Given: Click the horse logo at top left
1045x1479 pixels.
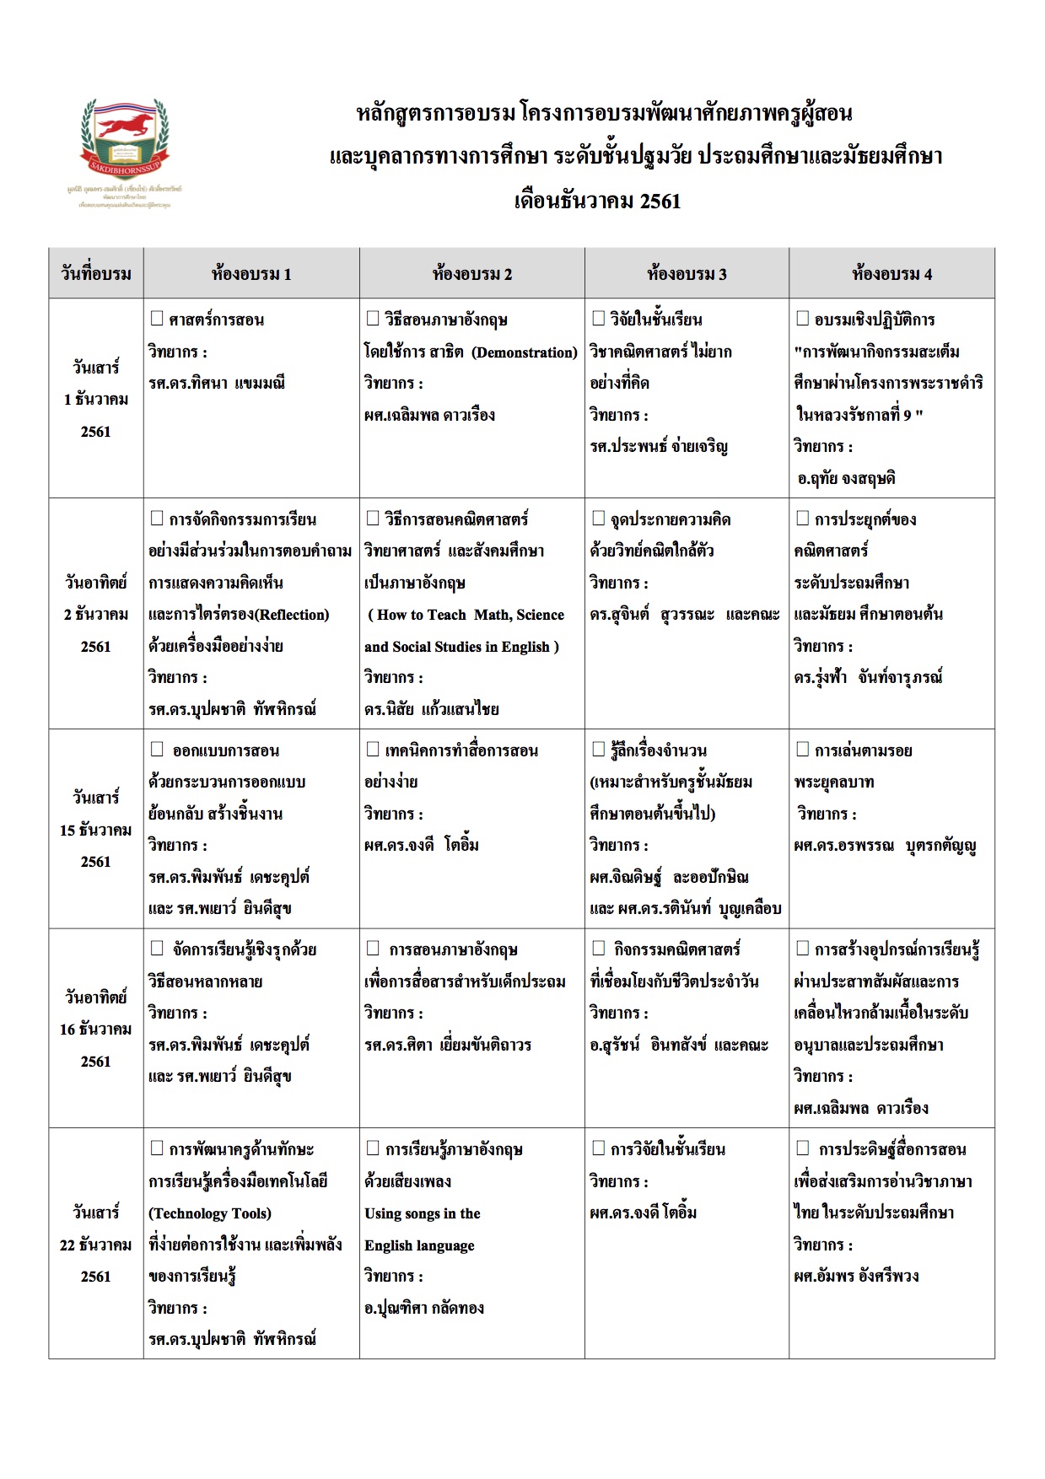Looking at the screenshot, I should [125, 135].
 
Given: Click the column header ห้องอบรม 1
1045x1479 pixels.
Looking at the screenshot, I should [251, 273].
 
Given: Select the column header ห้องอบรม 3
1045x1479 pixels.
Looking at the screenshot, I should [687, 273].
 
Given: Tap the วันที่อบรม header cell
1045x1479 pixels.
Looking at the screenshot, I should [96, 273].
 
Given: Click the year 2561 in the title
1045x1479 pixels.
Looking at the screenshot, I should [660, 201].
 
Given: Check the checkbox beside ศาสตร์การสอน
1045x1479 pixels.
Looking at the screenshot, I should [157, 319].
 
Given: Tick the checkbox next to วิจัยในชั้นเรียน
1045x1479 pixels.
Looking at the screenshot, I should [598, 319].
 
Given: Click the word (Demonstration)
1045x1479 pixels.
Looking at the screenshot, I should [524, 352].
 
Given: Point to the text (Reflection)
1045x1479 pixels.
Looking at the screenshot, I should [292, 615].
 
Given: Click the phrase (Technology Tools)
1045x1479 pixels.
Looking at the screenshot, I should [210, 1213].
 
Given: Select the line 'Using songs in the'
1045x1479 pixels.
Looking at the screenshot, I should [423, 1213].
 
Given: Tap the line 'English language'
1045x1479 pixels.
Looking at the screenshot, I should [419, 1245].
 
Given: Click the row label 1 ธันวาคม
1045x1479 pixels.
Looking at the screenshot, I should [96, 399].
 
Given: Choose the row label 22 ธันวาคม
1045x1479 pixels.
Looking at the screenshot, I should [96, 1245].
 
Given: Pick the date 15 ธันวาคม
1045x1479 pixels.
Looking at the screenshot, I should [96, 830].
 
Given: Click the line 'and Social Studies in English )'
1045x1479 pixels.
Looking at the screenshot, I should [461, 647].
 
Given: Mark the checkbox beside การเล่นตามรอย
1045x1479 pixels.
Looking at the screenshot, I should [803, 750].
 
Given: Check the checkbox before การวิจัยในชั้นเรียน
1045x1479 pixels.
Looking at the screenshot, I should [598, 1148].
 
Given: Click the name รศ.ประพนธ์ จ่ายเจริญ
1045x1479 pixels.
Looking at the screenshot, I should [659, 447].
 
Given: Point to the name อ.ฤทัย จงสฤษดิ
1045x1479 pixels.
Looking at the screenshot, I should [846, 478].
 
